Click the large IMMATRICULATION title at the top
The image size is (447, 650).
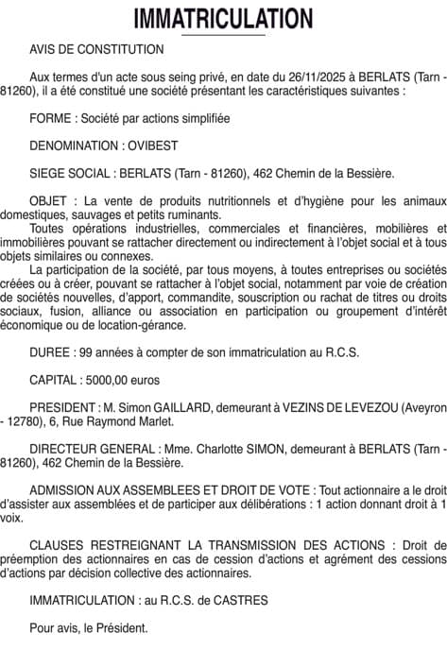[x=223, y=18]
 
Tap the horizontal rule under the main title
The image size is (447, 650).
[x=223, y=35]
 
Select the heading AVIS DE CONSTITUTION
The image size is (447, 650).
[x=96, y=49]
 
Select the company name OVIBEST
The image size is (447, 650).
[x=152, y=146]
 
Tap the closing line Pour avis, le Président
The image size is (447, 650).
[x=88, y=627]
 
